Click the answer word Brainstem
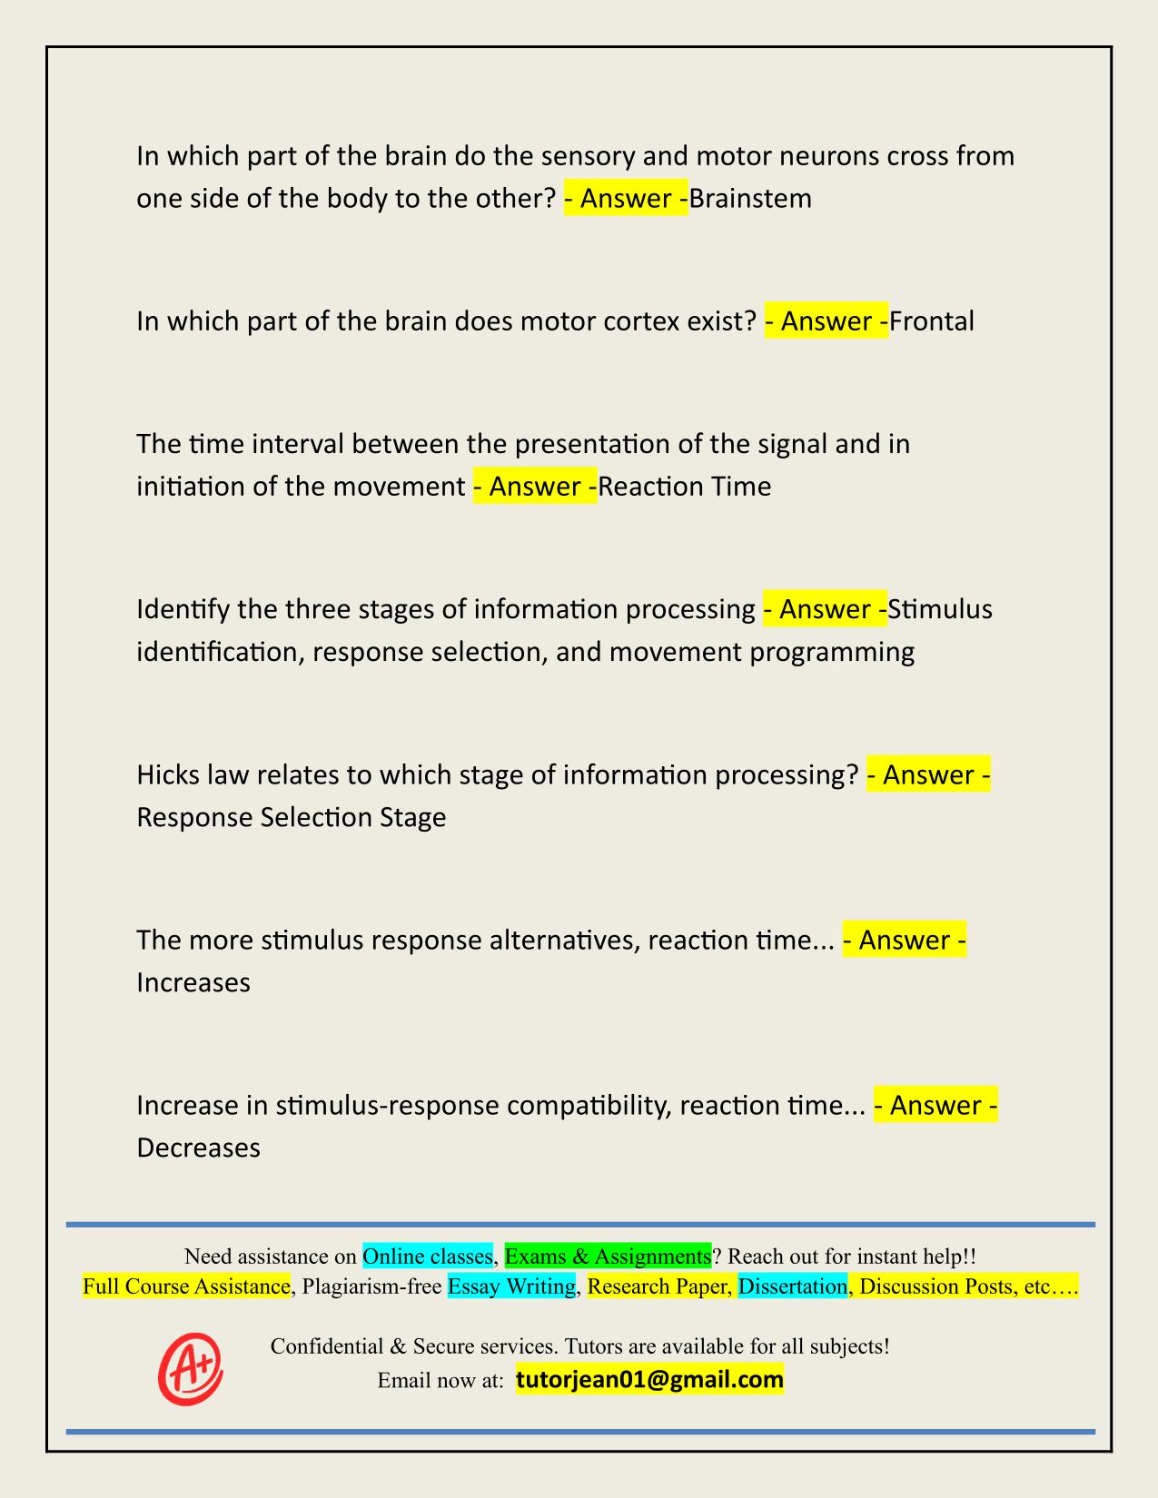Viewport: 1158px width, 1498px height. pyautogui.click(x=750, y=198)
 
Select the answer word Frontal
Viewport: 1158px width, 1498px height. pyautogui.click(x=932, y=320)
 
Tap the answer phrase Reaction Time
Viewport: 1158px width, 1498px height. pyautogui.click(x=685, y=487)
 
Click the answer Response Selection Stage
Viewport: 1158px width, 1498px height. pyautogui.click(x=291, y=817)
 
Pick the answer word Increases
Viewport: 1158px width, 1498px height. pyautogui.click(x=193, y=982)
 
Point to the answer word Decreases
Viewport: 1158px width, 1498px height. pyautogui.click(x=198, y=1148)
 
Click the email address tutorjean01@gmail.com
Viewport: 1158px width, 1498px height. pyautogui.click(x=649, y=1380)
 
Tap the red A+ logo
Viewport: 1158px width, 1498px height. pyautogui.click(x=191, y=1369)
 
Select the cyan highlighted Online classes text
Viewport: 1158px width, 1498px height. pyautogui.click(x=428, y=1257)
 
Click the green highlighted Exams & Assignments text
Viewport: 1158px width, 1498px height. pyautogui.click(x=608, y=1257)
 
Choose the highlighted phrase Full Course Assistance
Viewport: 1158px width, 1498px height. pyautogui.click(x=186, y=1286)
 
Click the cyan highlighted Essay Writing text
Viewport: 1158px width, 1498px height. pyautogui.click(x=512, y=1286)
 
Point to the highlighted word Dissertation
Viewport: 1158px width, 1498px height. pyautogui.click(x=792, y=1286)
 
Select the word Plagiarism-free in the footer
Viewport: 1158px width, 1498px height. pyautogui.click(x=371, y=1286)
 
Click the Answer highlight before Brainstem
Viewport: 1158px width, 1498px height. pyautogui.click(x=626, y=198)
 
